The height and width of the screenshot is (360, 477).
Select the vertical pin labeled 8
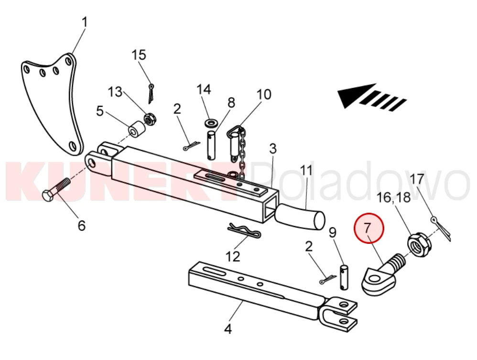click(213, 144)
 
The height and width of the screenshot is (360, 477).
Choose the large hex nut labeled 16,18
click(419, 244)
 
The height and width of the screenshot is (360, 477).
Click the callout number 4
click(228, 329)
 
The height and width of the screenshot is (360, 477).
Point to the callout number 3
click(272, 149)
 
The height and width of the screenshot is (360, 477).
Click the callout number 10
click(264, 94)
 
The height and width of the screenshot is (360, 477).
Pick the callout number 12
click(233, 257)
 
